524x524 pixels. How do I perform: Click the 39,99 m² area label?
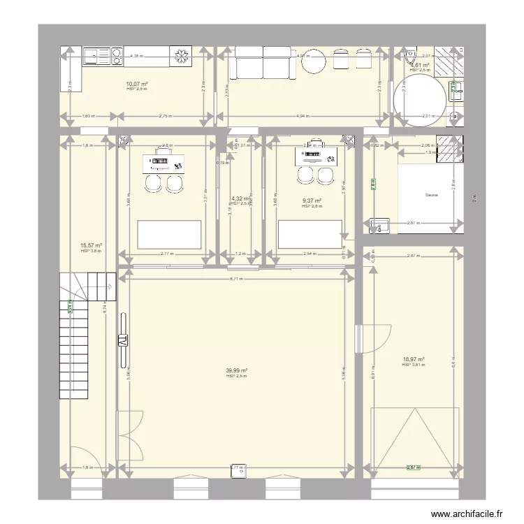pos(237,371)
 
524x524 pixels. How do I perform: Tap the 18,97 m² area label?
pos(413,360)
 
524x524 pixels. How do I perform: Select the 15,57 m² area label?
pos(92,245)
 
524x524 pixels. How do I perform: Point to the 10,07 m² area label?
pos(137,84)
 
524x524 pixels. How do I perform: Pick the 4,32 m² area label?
pos(240,199)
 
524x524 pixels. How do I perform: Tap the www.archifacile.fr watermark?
pos(467,514)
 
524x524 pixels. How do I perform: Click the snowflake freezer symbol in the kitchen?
pos(182,56)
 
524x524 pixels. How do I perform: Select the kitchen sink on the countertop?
pos(94,55)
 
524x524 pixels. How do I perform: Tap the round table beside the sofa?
pos(314,63)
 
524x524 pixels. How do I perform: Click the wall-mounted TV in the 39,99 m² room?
pos(123,340)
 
